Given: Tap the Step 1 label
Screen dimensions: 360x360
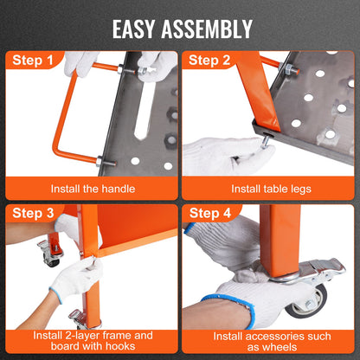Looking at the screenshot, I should tap(37, 61).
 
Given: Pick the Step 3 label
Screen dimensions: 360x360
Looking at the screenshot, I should tap(37, 214).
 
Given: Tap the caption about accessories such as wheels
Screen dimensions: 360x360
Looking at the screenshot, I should tap(269, 340).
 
